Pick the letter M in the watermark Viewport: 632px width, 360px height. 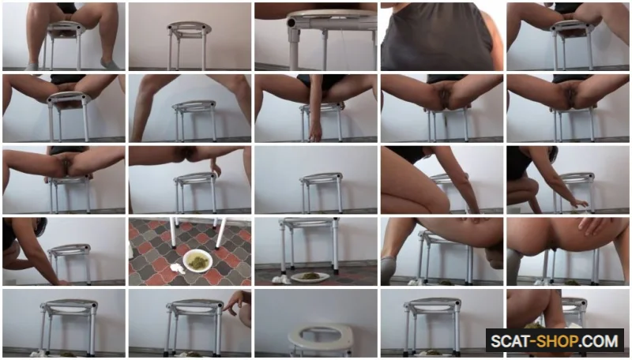pos(611,342)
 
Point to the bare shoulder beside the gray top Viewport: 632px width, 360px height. pos(494,36)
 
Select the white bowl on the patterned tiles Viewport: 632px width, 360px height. pos(198,261)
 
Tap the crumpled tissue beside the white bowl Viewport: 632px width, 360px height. pos(176,268)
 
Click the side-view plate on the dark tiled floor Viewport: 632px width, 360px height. pos(310,276)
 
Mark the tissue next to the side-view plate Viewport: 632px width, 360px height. pos(280,279)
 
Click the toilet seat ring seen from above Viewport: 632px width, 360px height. pos(322,337)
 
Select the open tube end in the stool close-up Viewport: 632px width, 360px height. pos(291,24)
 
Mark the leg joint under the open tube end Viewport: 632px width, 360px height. pos(294,41)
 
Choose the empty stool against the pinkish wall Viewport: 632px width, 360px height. pos(190,44)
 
